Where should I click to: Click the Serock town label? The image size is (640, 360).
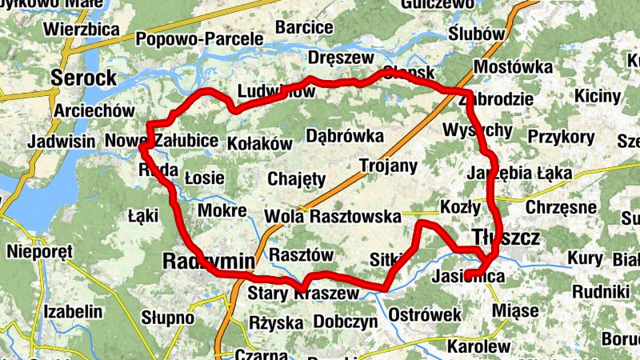tap(83, 78)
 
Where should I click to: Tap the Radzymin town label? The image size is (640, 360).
tap(208, 261)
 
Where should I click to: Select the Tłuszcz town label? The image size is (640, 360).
tap(506, 237)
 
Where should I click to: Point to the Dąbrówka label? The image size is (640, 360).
tap(345, 136)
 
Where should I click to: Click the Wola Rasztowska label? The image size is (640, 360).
tap(332, 216)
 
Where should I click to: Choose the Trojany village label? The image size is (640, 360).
tap(389, 166)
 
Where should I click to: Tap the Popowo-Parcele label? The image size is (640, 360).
tap(200, 38)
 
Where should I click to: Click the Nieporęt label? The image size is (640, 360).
tap(39, 252)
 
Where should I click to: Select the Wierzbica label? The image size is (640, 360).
tap(82, 30)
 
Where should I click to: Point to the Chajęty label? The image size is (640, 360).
tap(297, 178)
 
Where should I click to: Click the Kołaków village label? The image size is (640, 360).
tap(261, 142)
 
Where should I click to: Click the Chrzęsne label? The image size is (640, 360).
tap(562, 207)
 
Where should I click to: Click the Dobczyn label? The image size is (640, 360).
tap(346, 322)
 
